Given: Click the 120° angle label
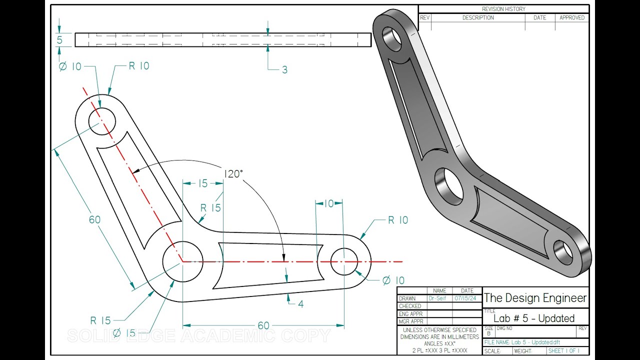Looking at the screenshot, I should (233, 174).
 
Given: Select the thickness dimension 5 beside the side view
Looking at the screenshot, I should (59, 40).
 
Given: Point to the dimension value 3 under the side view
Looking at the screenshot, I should (284, 70).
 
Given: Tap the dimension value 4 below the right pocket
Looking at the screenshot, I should (300, 303).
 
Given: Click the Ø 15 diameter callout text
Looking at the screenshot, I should (124, 333).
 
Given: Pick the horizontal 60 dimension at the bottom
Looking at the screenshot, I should (263, 325).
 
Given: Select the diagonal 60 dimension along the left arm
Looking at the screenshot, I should (94, 219).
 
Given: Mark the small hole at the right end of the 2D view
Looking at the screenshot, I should (344, 261).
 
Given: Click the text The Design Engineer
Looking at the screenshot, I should (535, 298).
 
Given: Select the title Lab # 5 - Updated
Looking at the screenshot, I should (534, 318).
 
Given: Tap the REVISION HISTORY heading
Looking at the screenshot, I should (503, 9).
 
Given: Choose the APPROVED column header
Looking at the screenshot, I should (572, 17).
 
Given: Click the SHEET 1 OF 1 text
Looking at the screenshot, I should (563, 351).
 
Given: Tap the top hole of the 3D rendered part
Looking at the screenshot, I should (392, 38).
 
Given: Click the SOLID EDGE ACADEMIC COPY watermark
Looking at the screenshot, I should (198, 335).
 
